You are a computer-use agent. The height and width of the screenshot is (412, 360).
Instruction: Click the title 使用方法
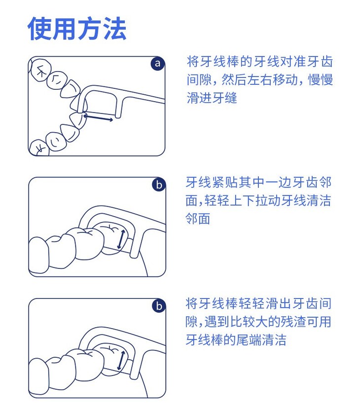point(76,29)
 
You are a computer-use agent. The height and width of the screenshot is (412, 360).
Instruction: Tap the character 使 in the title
point(39,29)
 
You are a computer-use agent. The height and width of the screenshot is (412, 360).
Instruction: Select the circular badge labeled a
point(157,63)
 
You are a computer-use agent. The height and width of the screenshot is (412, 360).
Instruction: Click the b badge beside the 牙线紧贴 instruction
point(159,185)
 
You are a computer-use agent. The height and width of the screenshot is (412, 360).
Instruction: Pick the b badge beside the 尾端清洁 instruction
point(159,306)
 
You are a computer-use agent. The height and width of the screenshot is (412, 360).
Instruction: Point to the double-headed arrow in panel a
point(98,117)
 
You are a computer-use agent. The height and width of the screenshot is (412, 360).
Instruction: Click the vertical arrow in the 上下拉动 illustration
point(121,239)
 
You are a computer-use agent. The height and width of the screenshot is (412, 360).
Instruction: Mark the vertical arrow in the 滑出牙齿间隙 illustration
point(121,361)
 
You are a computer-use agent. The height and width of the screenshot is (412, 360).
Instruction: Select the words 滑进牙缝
point(212,98)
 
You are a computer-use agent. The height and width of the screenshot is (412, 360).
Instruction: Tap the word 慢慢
point(321,79)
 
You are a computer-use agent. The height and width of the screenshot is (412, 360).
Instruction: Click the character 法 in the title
point(114,29)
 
